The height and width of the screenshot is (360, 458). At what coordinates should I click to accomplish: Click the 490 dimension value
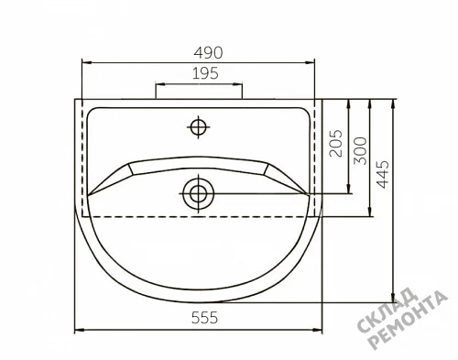[209, 53]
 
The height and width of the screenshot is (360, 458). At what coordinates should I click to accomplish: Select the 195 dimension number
[205, 73]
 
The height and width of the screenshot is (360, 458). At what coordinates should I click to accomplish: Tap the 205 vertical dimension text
[336, 144]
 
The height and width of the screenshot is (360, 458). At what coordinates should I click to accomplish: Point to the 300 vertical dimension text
[360, 151]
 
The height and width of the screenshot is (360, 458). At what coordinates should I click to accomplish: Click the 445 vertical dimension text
[383, 174]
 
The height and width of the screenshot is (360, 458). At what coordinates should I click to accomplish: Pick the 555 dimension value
[204, 318]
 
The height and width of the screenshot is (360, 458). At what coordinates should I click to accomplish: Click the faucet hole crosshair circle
[199, 127]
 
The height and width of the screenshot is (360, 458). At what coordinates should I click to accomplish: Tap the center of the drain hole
[199, 193]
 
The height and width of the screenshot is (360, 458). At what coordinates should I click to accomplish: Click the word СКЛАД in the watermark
[387, 311]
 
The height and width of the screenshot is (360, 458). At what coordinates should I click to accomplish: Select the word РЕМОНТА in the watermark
[408, 320]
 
